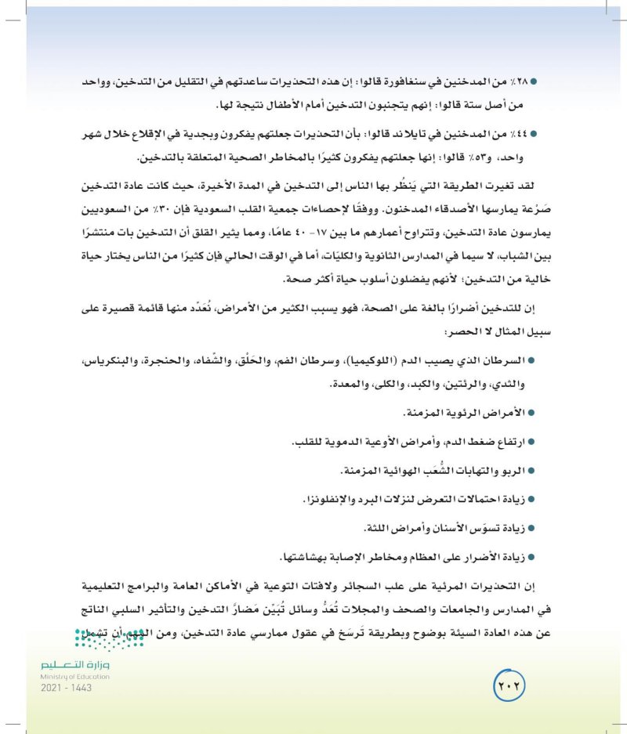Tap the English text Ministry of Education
74,677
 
